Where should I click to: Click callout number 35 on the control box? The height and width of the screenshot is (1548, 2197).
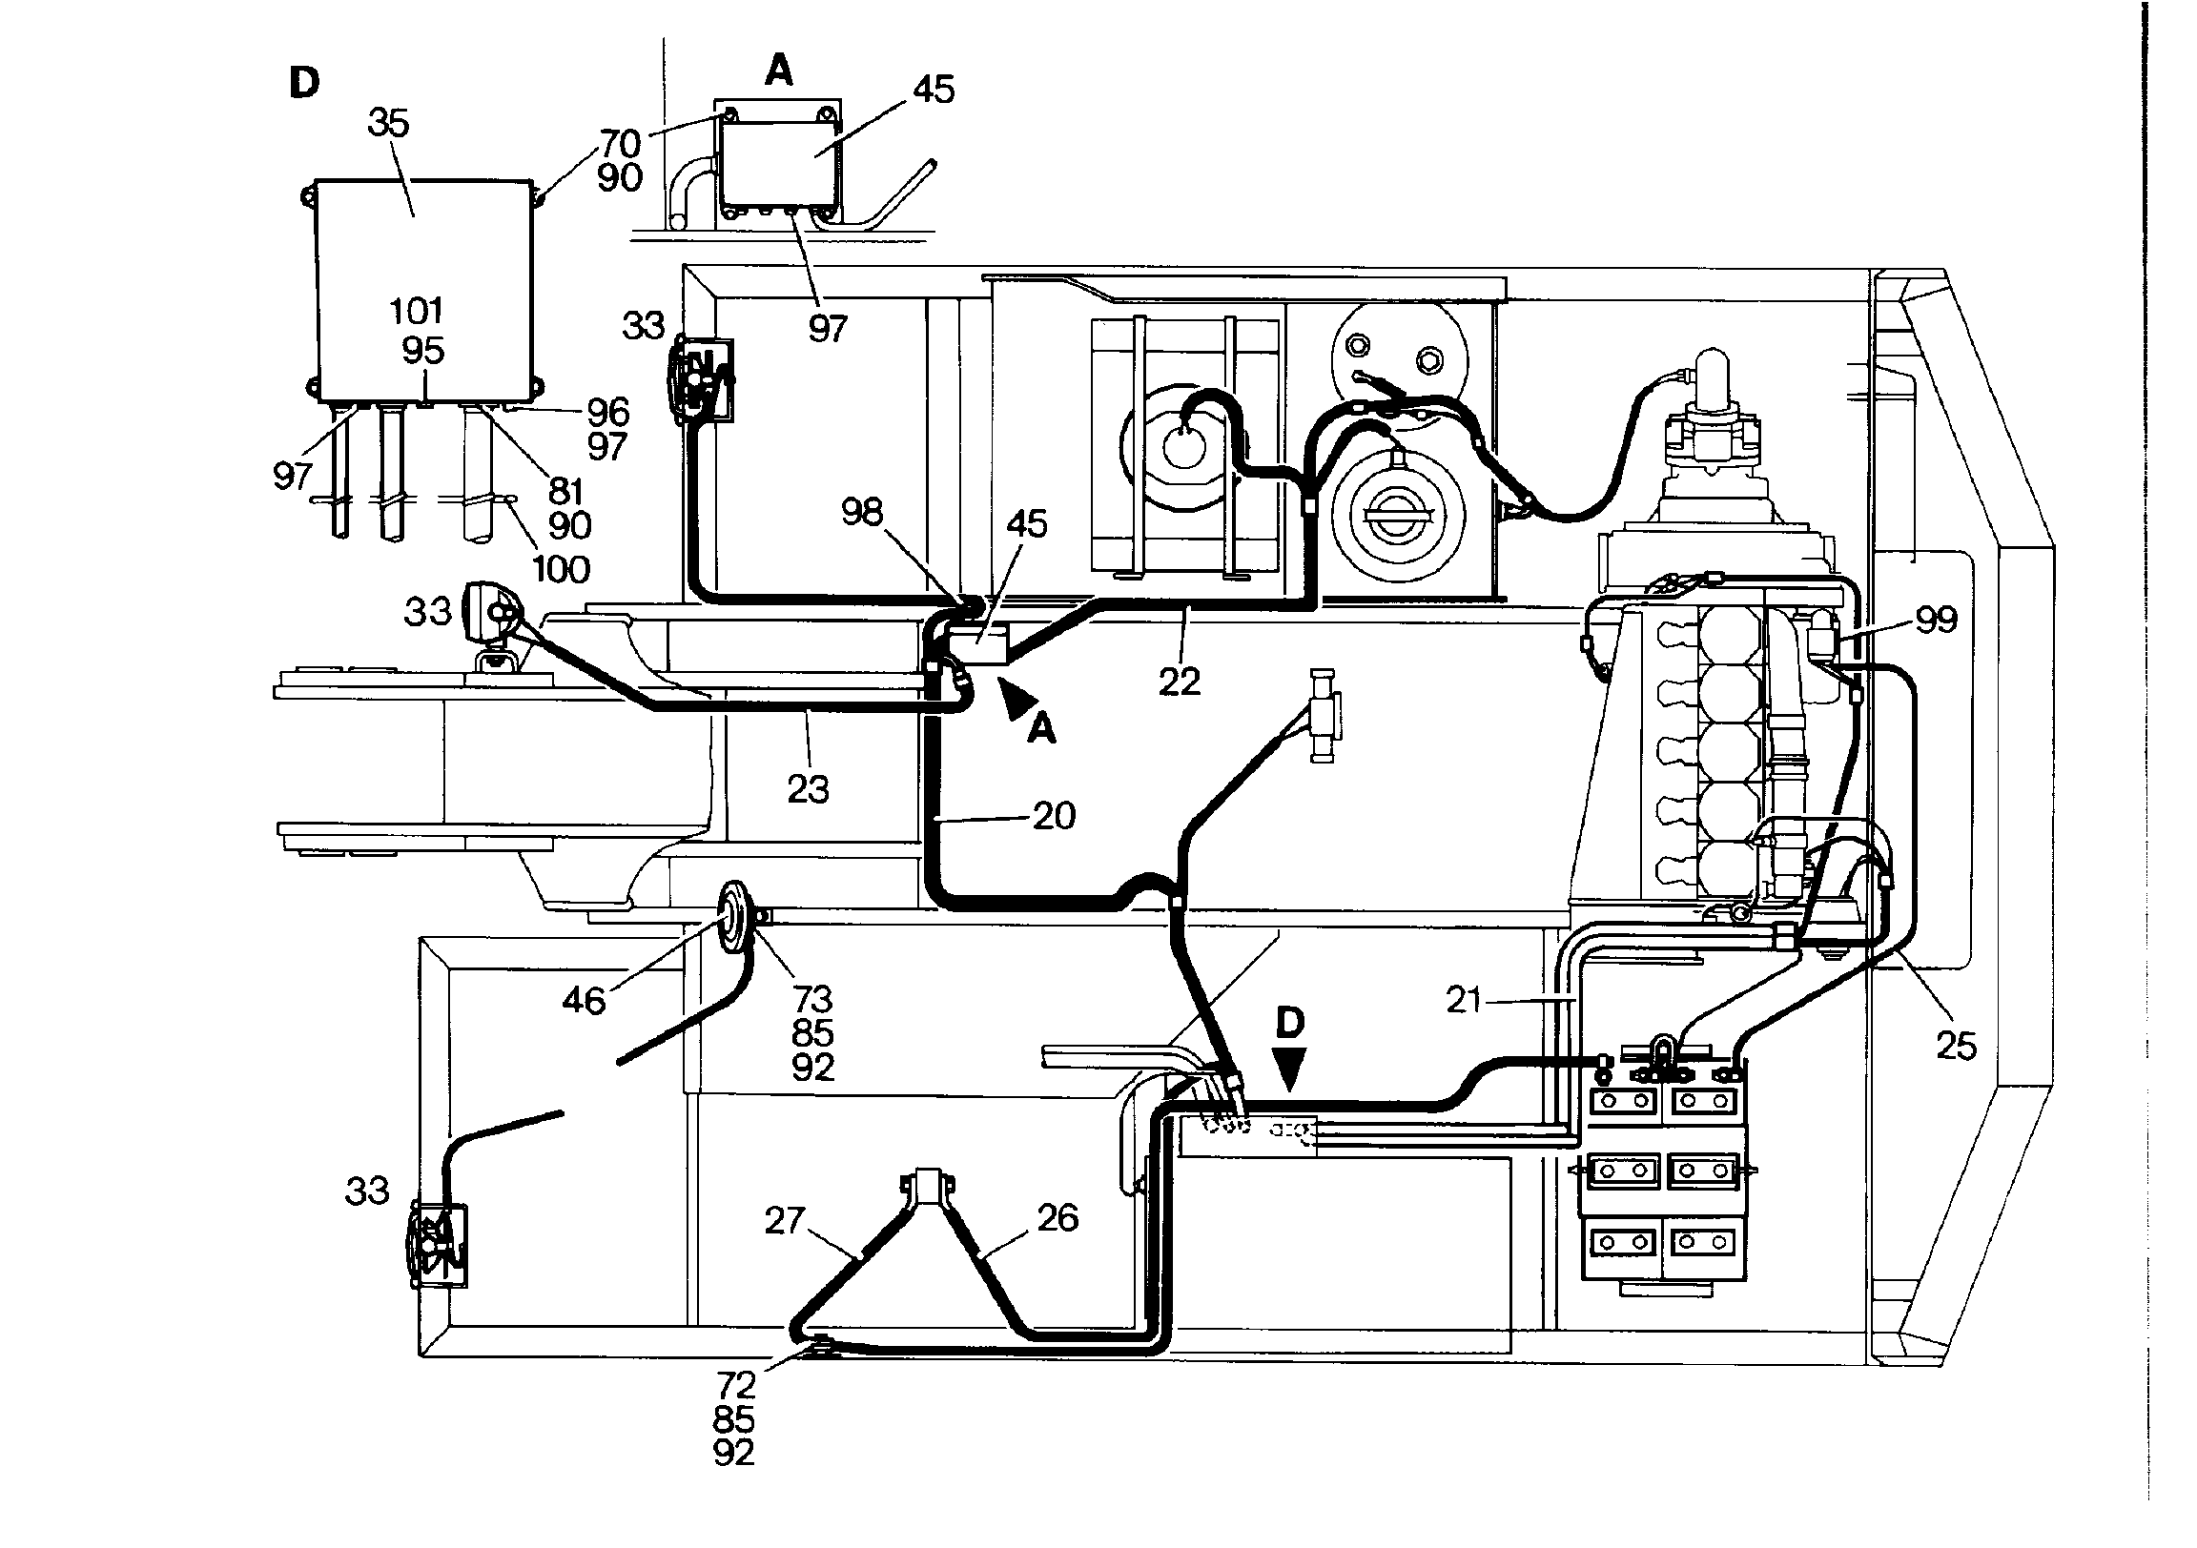pyautogui.click(x=388, y=123)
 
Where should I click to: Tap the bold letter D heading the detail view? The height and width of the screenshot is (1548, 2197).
pyautogui.click(x=304, y=83)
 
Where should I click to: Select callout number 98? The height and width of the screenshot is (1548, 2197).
pyautogui.click(x=862, y=512)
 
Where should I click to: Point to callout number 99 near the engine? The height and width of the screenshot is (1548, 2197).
pyautogui.click(x=1937, y=619)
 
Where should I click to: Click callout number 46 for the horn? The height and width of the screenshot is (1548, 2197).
pyautogui.click(x=584, y=1001)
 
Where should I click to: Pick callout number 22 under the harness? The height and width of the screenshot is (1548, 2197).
pyautogui.click(x=1179, y=682)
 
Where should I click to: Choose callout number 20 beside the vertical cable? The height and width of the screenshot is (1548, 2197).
pyautogui.click(x=1055, y=815)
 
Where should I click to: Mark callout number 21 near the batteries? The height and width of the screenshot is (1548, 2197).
pyautogui.click(x=1464, y=1000)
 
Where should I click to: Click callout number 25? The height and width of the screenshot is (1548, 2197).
pyautogui.click(x=1956, y=1046)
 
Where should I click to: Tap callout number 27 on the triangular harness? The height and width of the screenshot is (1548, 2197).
pyautogui.click(x=785, y=1221)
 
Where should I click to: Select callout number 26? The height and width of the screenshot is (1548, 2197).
pyautogui.click(x=1057, y=1217)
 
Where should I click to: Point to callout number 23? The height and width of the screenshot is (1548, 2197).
pyautogui.click(x=808, y=789)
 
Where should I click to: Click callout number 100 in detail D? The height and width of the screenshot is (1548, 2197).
pyautogui.click(x=561, y=569)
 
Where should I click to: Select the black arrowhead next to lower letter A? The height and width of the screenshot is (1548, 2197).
pyautogui.click(x=1015, y=696)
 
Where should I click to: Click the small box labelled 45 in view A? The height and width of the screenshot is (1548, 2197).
pyautogui.click(x=778, y=165)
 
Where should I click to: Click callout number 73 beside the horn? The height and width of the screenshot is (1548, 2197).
pyautogui.click(x=812, y=999)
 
